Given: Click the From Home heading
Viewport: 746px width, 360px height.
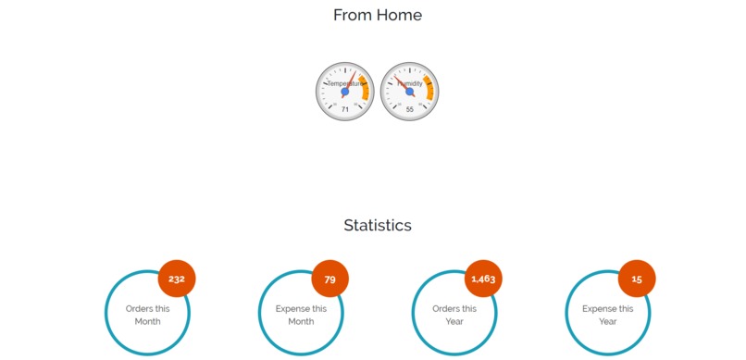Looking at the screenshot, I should pos(377,15).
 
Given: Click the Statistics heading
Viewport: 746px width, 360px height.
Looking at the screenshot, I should pos(377,225).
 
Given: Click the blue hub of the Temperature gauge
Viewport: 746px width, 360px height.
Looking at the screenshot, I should pos(344,92).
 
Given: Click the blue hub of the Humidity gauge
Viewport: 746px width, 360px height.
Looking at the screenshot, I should pos(410,92).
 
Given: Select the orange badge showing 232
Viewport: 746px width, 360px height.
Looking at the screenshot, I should pos(177,279).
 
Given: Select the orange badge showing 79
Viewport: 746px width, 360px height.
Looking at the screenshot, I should pos(329,279).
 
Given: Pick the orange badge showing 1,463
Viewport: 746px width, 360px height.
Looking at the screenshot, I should pos(483,279).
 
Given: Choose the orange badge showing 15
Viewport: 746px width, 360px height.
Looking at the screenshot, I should pos(637,279).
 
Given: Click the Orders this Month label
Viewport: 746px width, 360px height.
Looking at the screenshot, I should pos(147,315).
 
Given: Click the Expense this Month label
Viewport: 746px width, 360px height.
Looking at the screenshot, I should pos(301,315).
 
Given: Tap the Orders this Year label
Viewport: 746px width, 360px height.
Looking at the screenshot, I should pos(454,315).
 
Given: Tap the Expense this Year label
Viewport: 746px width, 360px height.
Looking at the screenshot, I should pos(608,315).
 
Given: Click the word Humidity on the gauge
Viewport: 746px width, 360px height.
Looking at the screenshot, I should pos(410,83).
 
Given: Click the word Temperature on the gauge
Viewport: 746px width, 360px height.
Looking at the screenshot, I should pos(342,83).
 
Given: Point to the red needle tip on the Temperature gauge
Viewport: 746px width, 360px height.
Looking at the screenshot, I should pos(354,71).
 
